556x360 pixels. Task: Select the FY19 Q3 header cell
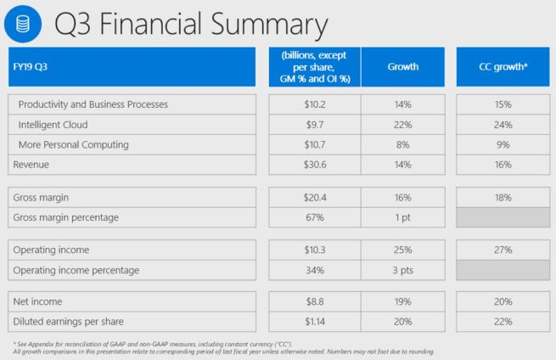point(133,66)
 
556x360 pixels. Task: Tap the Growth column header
point(402,66)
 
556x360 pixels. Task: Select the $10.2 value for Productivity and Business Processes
point(314,104)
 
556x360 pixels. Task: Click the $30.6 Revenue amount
point(314,164)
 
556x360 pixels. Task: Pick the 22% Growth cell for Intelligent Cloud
point(402,124)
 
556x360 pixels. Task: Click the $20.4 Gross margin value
point(314,197)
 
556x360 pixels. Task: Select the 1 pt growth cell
point(402,217)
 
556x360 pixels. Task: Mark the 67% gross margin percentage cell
point(314,217)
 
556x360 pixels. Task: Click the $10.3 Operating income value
point(314,250)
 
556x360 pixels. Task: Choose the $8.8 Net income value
point(314,302)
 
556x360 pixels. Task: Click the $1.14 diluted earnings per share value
point(314,322)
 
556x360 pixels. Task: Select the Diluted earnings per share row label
point(67,322)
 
